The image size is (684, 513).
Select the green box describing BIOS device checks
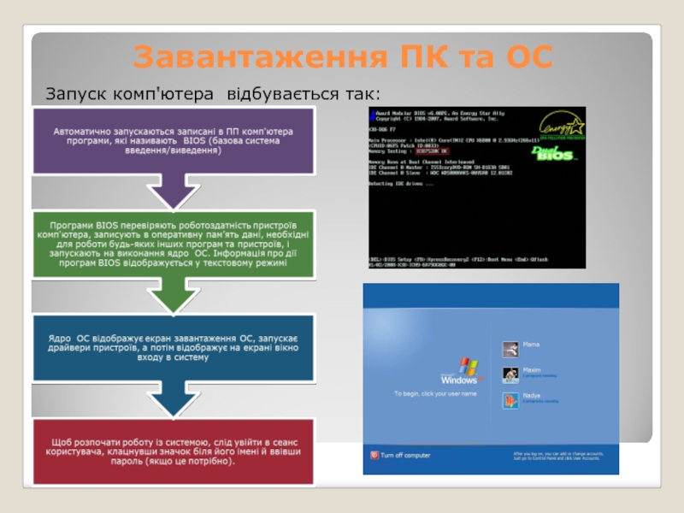172,244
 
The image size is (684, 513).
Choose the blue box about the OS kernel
172,347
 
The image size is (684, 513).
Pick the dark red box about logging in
172,451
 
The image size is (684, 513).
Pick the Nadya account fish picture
511,400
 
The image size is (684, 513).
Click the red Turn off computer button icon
373,456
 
